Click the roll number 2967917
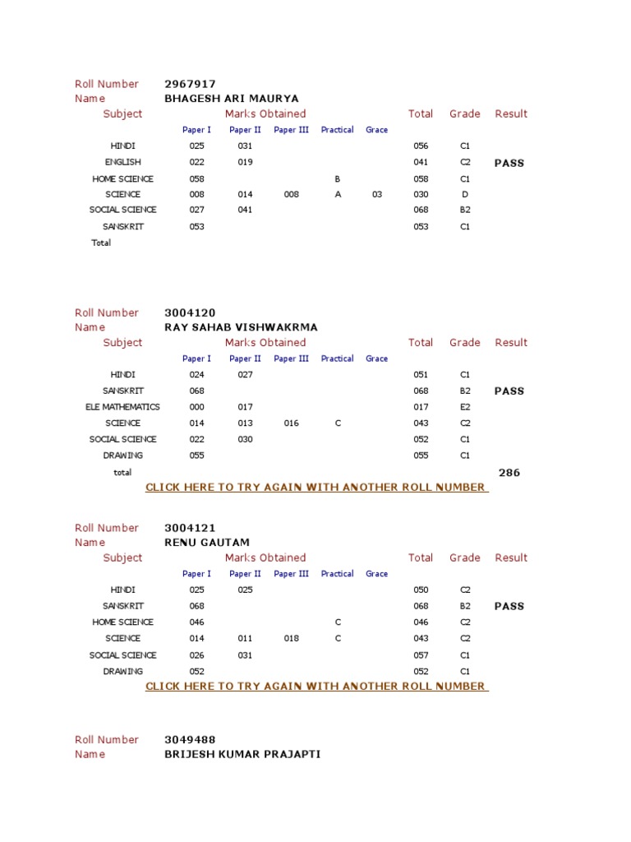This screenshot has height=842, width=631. [190, 84]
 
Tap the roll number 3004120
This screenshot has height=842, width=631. [190, 312]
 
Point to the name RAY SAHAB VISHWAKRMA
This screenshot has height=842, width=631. [241, 327]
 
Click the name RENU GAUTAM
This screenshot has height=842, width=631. [207, 543]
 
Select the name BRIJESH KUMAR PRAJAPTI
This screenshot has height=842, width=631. [242, 754]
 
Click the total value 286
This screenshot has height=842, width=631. [509, 473]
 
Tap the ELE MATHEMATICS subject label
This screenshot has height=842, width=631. [122, 407]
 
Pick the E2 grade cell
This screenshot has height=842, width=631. [465, 407]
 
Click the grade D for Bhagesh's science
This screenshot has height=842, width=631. [465, 195]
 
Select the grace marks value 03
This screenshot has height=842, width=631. [377, 195]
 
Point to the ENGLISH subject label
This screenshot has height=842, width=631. [122, 163]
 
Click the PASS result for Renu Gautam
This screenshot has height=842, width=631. [509, 606]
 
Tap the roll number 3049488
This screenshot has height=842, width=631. [190, 739]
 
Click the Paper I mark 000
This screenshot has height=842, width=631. [196, 407]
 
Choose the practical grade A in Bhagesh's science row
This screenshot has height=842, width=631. [337, 195]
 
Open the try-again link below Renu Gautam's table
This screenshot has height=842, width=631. [316, 687]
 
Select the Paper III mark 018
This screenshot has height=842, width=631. [292, 639]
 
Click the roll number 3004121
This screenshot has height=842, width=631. [190, 528]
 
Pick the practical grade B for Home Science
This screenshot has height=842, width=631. [337, 179]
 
